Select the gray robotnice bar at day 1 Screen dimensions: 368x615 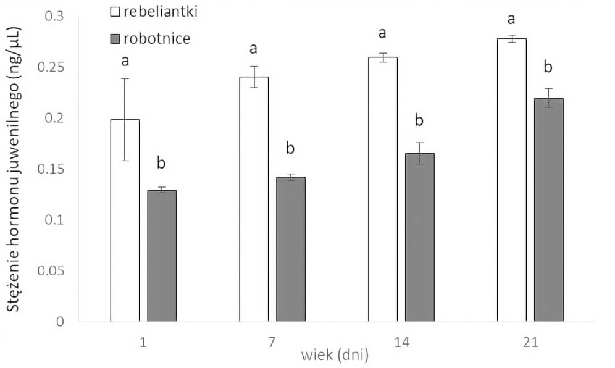pyautogui.click(x=162, y=256)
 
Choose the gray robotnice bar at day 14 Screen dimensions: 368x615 pyautogui.click(x=419, y=237)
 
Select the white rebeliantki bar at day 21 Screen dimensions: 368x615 pyautogui.click(x=511, y=180)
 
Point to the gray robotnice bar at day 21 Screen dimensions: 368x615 pyautogui.click(x=548, y=210)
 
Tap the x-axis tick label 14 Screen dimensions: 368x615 pyautogui.click(x=401, y=342)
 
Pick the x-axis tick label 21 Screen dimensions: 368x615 pyautogui.click(x=530, y=342)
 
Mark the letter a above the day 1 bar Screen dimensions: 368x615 pyautogui.click(x=125, y=61)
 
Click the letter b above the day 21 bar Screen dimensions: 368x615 pyautogui.click(x=548, y=67)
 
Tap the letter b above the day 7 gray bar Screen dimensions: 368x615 pyautogui.click(x=290, y=148)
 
